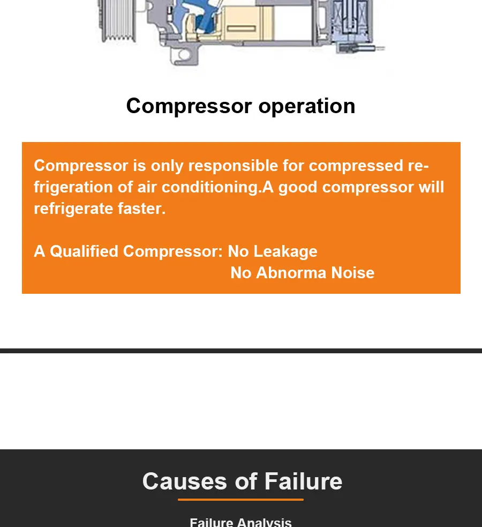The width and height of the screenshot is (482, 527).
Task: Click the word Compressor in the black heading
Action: coord(189,106)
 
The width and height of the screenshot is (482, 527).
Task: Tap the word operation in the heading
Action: coord(307,107)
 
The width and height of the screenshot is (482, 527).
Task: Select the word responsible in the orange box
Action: coord(234,165)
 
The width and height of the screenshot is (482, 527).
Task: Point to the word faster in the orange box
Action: coord(141,209)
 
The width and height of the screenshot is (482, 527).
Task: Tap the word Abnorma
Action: coord(291,272)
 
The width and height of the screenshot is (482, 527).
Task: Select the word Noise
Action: coord(353,272)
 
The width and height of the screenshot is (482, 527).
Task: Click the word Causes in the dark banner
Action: coord(185,481)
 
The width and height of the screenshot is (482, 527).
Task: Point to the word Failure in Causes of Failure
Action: coord(304,481)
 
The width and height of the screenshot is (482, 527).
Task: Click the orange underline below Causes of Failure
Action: coord(240,500)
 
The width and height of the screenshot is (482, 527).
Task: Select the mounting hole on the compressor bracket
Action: coord(184,55)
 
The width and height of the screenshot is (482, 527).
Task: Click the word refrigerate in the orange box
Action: coord(73,209)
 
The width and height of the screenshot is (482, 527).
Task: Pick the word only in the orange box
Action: coord(167,166)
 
